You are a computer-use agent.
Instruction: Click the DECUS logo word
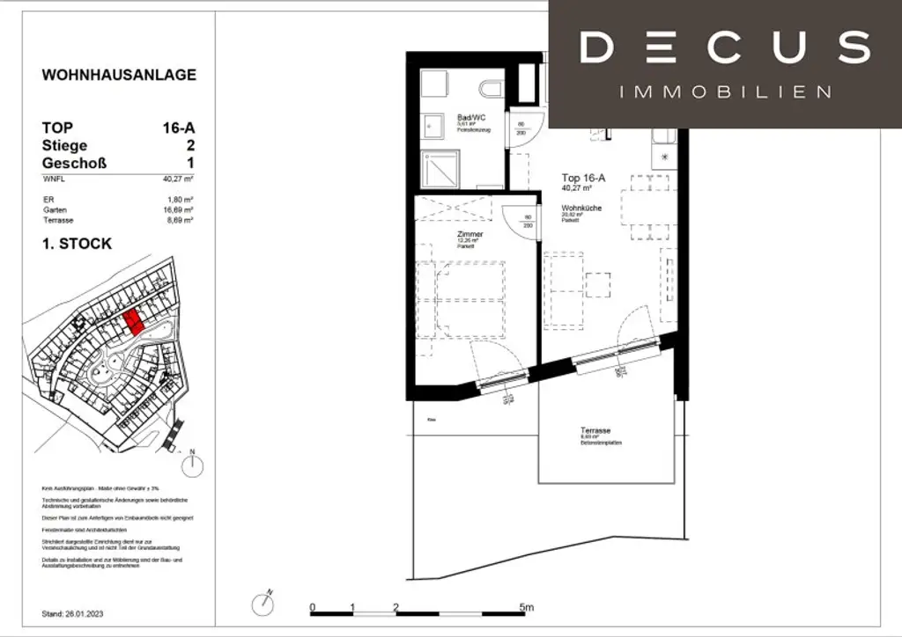click(x=725, y=48)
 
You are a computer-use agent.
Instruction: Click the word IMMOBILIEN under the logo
click(x=725, y=92)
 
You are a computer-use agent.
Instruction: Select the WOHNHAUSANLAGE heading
click(x=119, y=75)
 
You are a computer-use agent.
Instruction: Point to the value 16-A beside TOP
click(x=179, y=128)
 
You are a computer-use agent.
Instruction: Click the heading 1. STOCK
click(x=78, y=243)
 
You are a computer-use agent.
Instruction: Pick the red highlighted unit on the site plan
click(x=132, y=323)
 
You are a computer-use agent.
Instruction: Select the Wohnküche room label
click(x=580, y=208)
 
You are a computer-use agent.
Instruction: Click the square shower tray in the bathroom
click(x=440, y=167)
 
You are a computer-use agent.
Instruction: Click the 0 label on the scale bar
click(x=313, y=608)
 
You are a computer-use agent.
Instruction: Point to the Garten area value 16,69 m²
click(x=180, y=210)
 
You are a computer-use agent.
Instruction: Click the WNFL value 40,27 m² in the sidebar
click(x=180, y=179)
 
